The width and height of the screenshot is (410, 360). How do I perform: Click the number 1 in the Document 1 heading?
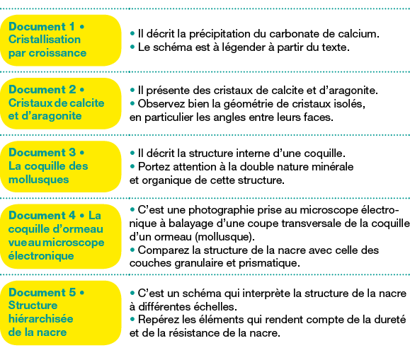(72, 26)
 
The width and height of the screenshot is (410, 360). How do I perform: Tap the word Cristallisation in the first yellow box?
(45, 40)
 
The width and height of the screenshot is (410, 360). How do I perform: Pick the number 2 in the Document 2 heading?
(72, 89)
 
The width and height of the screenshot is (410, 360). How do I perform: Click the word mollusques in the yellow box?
(39, 180)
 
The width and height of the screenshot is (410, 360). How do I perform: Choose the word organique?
(169, 180)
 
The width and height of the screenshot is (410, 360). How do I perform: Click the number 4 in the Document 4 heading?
(72, 216)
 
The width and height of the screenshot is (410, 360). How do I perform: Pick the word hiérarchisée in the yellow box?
(41, 319)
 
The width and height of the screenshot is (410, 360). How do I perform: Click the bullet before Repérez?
(132, 319)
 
